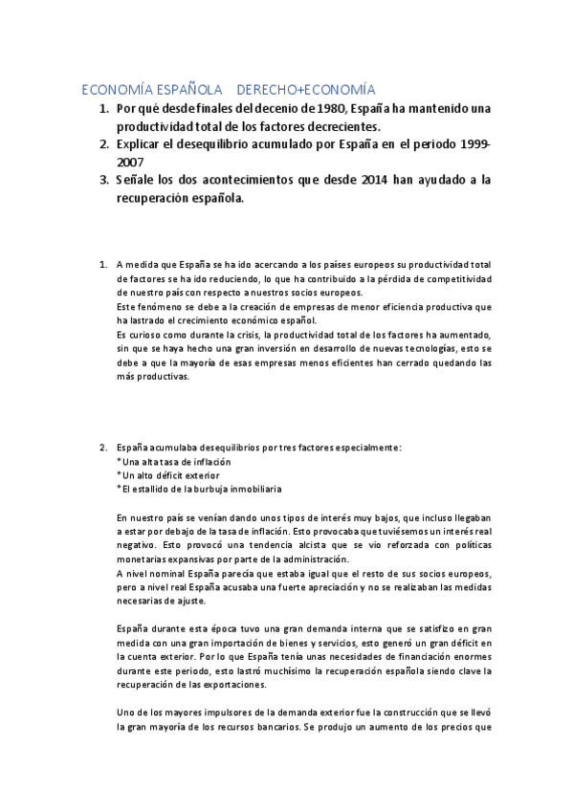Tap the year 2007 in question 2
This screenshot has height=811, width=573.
pyautogui.click(x=131, y=163)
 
